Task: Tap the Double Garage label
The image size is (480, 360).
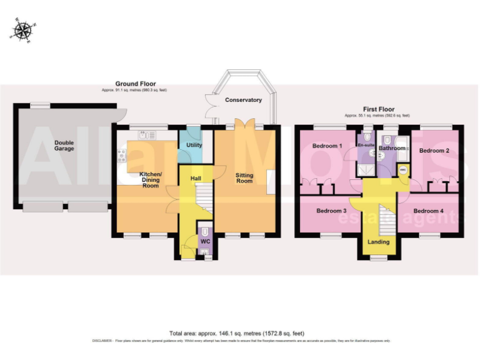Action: (x=64, y=146)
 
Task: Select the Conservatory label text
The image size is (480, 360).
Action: (x=243, y=100)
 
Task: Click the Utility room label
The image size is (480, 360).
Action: (x=194, y=145)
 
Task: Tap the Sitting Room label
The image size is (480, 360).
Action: (x=244, y=177)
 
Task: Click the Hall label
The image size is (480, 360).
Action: (x=196, y=179)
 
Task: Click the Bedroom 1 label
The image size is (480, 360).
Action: (x=327, y=146)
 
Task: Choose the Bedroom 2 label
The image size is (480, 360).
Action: (x=434, y=151)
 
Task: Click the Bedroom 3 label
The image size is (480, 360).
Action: (x=331, y=211)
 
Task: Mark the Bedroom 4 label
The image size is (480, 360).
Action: (x=428, y=211)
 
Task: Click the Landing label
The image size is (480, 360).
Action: (x=378, y=241)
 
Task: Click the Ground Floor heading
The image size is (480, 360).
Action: (x=135, y=84)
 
